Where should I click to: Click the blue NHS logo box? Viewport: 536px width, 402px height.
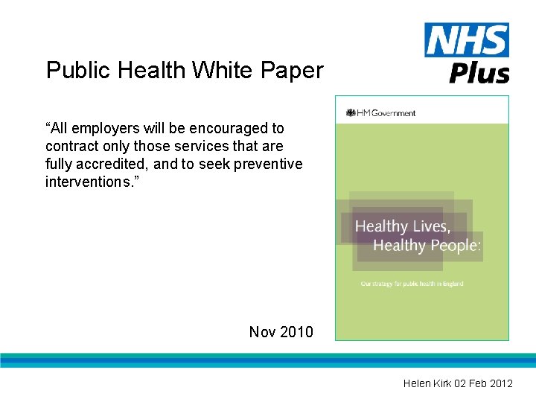tap(467, 40)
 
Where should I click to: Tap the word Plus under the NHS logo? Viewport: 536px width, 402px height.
tap(479, 73)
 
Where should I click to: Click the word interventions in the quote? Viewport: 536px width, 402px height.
tap(88, 182)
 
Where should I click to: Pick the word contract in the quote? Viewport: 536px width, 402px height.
tap(71, 147)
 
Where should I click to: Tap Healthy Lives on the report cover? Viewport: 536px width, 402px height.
tap(402, 226)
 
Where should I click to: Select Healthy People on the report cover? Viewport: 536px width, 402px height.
tap(427, 246)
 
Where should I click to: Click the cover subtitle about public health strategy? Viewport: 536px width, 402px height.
tap(412, 284)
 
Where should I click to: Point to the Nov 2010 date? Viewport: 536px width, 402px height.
tap(281, 332)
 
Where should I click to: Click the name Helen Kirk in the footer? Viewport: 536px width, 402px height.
tap(425, 383)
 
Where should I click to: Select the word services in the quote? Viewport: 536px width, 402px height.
tap(202, 147)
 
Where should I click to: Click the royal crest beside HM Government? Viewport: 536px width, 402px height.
tap(351, 113)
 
